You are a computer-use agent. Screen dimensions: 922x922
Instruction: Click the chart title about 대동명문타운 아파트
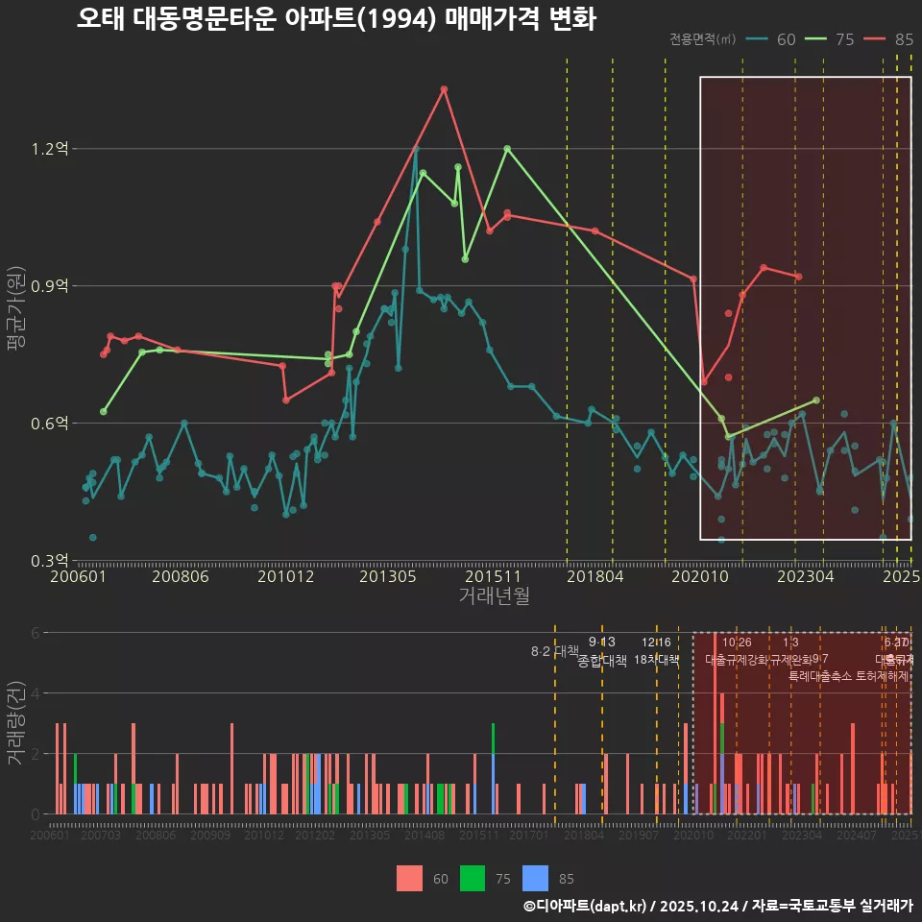pos(336,19)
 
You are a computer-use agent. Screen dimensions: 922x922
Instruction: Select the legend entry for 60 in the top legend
pos(773,39)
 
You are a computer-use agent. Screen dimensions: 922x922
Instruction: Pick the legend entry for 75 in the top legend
pos(831,39)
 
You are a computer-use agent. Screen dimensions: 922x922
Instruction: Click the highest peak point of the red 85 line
pos(444,89)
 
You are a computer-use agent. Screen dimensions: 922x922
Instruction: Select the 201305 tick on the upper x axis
pos(387,577)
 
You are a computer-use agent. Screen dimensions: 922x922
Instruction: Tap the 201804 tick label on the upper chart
pos(595,577)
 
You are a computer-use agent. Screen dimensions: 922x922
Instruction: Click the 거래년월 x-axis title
pos(494,596)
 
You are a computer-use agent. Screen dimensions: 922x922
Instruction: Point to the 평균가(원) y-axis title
pos(16,317)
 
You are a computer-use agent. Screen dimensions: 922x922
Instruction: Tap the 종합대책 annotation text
pos(602,661)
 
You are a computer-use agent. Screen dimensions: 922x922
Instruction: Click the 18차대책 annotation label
pos(657,660)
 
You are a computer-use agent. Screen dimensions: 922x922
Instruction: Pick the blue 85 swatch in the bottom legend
pos(535,878)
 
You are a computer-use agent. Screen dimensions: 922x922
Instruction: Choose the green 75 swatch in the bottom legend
pos(473,878)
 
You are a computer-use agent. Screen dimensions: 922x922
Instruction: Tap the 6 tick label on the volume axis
pos(35,633)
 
